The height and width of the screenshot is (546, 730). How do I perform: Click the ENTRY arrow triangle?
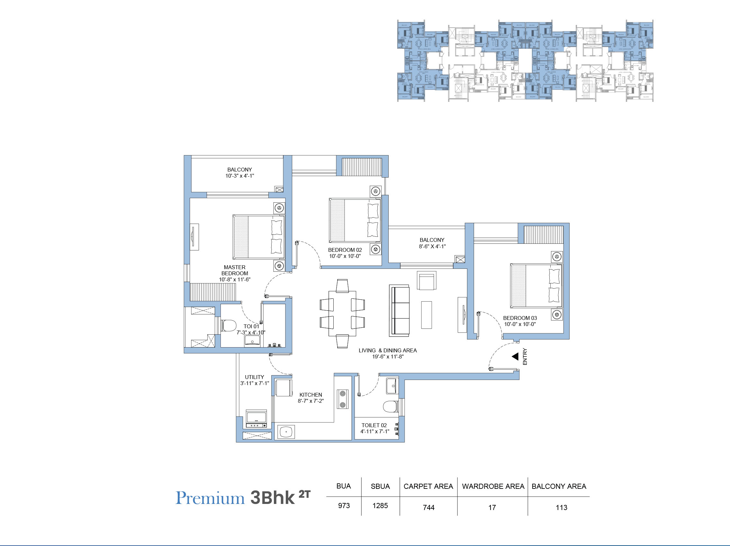(515, 357)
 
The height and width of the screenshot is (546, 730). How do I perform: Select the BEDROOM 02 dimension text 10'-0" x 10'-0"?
(345, 256)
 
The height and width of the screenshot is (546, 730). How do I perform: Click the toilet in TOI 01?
(228, 325)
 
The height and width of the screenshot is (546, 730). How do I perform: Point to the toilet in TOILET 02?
(391, 407)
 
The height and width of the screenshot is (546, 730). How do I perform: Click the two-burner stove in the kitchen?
(343, 399)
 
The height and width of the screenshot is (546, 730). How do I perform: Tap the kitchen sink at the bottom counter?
(286, 432)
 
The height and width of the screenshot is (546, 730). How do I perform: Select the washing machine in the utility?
(256, 419)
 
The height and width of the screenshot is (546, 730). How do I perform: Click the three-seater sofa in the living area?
(399, 311)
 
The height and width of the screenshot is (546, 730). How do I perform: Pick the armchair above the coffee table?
(426, 281)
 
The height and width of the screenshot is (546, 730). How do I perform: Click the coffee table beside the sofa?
(426, 315)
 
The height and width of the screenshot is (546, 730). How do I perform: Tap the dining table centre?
(342, 313)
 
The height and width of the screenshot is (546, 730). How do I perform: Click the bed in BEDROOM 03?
(535, 286)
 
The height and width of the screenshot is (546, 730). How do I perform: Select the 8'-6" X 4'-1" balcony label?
(432, 246)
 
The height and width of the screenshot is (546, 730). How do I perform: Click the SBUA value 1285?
(380, 506)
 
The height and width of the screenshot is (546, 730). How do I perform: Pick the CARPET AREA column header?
(428, 486)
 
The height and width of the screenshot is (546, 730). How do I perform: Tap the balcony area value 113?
(561, 507)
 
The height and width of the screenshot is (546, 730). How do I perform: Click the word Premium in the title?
(210, 498)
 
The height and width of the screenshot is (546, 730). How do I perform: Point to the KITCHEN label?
(311, 395)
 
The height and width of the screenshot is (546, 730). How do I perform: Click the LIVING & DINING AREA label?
(387, 350)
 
